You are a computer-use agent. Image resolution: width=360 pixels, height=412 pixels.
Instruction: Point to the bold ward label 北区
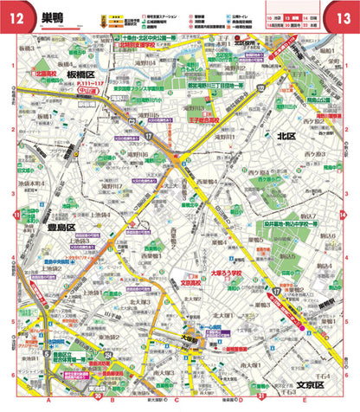coord(286,135)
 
